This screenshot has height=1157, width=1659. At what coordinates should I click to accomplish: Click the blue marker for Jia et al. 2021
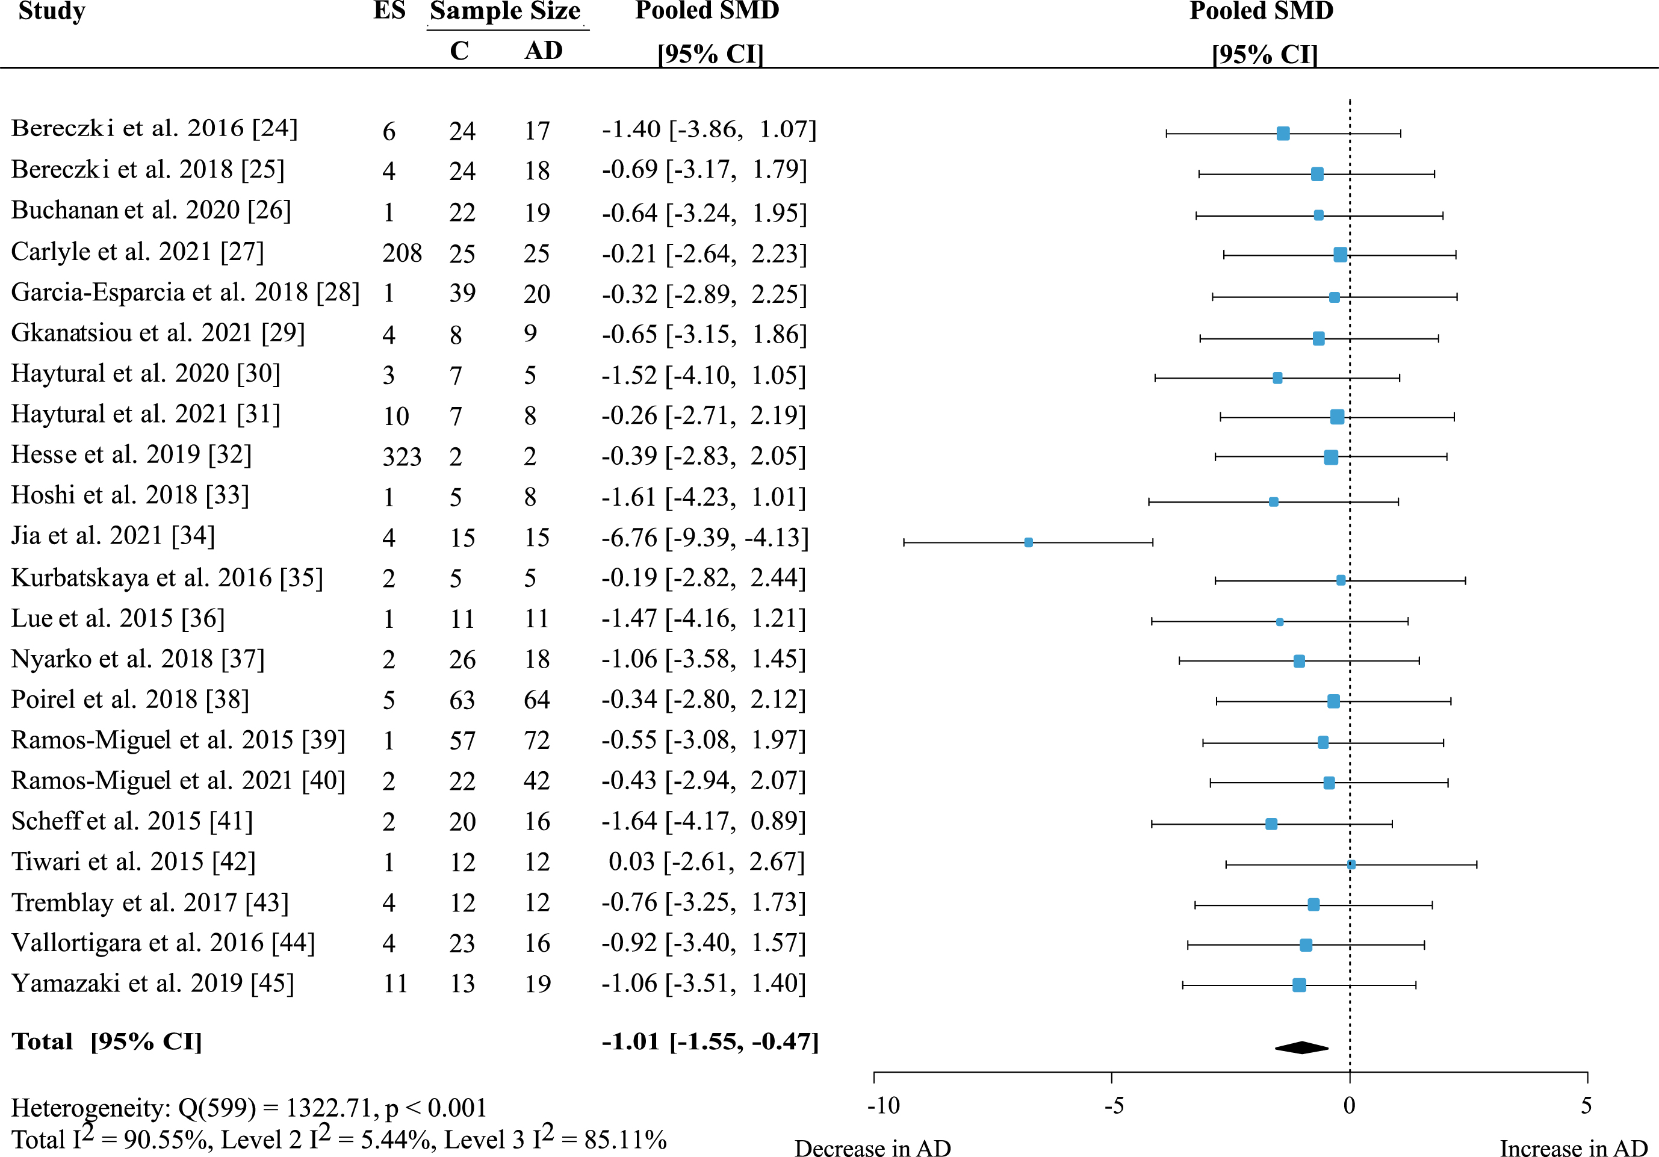1028,542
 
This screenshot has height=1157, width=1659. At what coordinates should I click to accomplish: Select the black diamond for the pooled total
1301,1047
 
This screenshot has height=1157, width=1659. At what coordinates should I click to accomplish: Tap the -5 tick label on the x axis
1114,1106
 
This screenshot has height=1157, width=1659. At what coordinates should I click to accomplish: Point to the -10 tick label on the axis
883,1106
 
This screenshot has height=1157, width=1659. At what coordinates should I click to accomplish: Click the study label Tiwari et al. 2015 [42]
134,861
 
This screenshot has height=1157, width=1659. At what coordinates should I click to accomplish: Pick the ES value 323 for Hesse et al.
402,457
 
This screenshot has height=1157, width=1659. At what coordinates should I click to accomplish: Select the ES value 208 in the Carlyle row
402,253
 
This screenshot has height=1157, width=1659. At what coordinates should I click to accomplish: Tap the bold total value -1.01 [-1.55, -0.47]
710,1041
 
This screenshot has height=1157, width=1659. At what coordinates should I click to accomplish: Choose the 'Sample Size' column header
505,11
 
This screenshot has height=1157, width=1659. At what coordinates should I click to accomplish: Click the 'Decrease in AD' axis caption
873,1147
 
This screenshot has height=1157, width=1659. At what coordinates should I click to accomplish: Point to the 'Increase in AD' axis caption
1574,1147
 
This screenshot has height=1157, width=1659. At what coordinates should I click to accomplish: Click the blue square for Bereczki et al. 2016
1283,133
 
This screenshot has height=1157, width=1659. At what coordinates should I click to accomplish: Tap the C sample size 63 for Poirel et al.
462,699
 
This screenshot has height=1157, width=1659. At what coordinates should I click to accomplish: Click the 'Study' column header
52,11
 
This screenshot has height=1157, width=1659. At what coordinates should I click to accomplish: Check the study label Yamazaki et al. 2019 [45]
152,984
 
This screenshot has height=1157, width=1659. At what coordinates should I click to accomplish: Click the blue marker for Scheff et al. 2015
1271,824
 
